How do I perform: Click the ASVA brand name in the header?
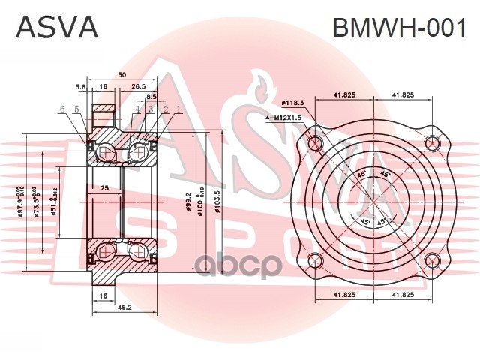[57, 27]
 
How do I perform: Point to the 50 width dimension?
[121, 75]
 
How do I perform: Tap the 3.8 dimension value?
[81, 87]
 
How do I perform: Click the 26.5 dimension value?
[139, 87]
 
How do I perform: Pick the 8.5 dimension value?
[151, 97]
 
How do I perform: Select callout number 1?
[178, 110]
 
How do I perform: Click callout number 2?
[164, 110]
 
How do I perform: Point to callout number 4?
[138, 110]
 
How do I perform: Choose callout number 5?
[76, 110]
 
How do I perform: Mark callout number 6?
[63, 110]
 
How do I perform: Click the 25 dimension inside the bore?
[105, 188]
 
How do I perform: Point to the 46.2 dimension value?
[124, 307]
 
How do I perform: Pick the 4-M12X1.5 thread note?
[283, 118]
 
